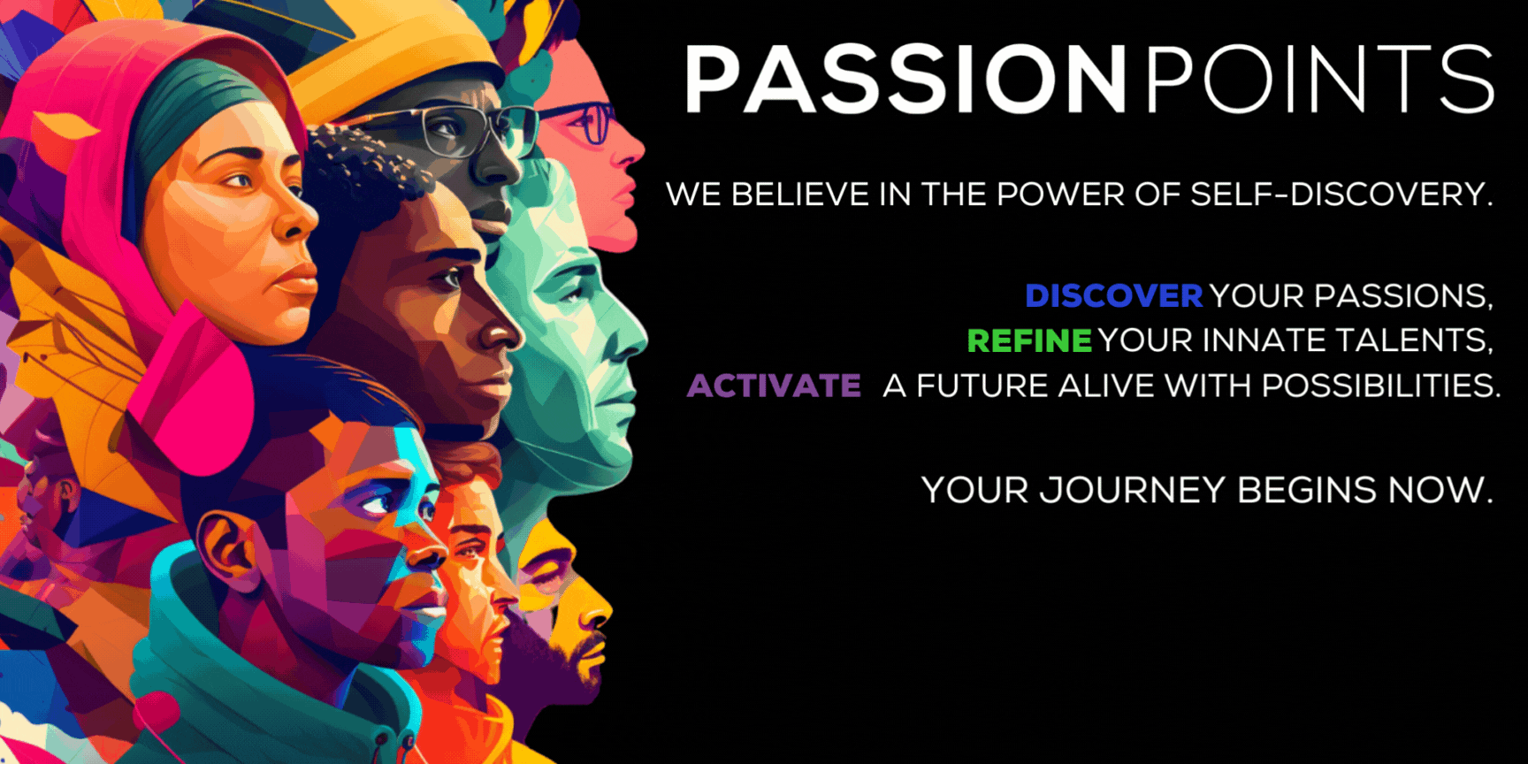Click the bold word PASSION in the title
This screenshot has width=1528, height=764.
click(905, 80)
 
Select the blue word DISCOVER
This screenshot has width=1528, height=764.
click(1113, 296)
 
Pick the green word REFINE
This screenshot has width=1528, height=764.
click(1029, 340)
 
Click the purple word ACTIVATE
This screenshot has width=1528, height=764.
click(774, 386)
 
